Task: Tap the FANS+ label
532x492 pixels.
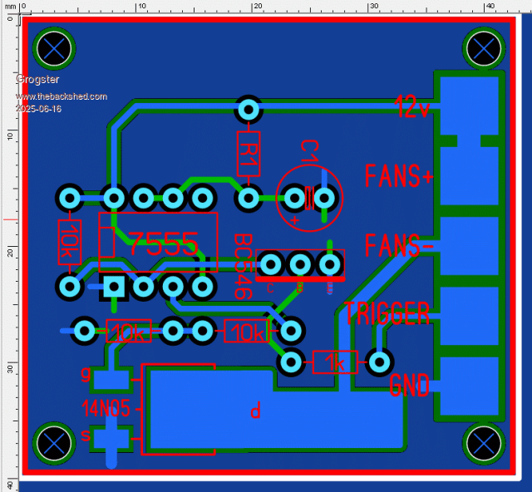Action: coord(399,176)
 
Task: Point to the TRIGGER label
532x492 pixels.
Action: coord(387,313)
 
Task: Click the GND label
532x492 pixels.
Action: coord(409,385)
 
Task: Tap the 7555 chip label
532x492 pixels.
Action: coord(163,244)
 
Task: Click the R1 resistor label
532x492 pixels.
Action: coord(249,152)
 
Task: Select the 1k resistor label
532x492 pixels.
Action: coord(336,362)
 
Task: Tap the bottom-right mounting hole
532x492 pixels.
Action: coord(483,441)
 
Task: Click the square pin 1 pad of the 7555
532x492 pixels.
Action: coord(114,288)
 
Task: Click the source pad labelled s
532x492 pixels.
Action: coord(112,437)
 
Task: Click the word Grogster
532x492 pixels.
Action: coord(37,80)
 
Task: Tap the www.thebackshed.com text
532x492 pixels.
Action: coord(61,96)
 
